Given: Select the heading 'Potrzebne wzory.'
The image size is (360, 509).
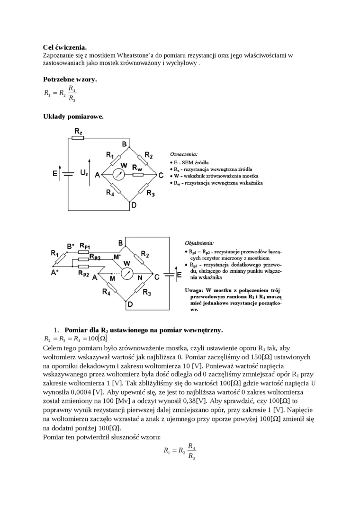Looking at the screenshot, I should [x=70, y=79].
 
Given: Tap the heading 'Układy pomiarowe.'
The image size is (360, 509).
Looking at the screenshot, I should [x=73, y=116].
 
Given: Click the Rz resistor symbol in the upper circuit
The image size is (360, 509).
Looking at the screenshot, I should [x=78, y=138].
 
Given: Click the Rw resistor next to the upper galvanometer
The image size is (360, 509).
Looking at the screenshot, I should [x=138, y=174].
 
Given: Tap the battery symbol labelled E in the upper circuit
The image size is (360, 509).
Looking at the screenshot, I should [x=68, y=174].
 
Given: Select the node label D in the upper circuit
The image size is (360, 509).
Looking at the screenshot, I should [x=134, y=205].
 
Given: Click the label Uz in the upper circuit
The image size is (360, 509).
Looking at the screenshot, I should [x=84, y=173].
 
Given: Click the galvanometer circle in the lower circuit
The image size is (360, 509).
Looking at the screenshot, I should [x=126, y=273].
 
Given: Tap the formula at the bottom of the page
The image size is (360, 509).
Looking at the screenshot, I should [x=180, y=451].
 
